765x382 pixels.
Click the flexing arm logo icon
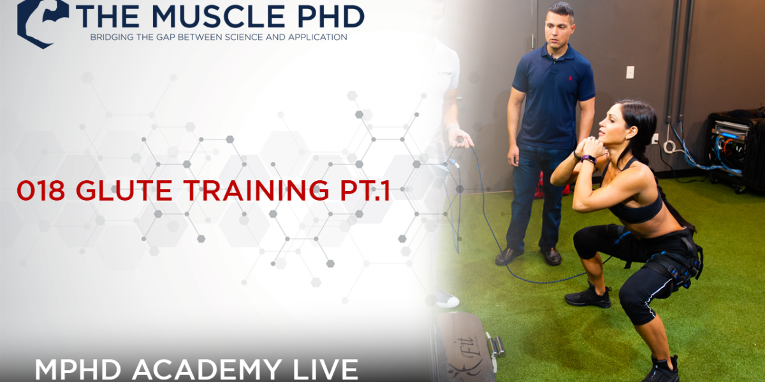tap(42, 22)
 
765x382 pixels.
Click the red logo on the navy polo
tap(570, 78)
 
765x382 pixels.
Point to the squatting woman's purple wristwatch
tap(590, 159)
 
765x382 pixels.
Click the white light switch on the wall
tap(630, 72)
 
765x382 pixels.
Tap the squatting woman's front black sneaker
tap(588, 296)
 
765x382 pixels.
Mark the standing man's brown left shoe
tap(509, 256)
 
